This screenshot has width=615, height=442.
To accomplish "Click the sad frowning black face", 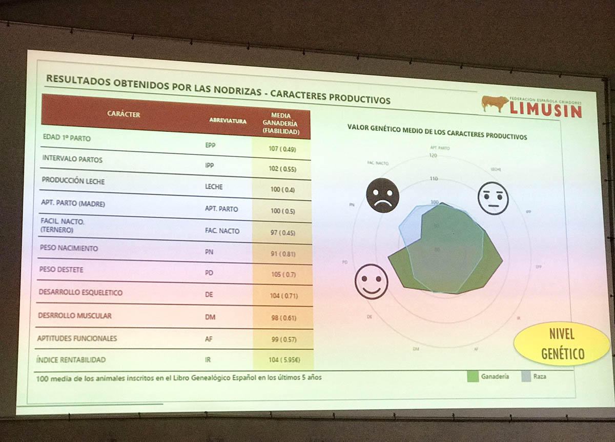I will point(382,195).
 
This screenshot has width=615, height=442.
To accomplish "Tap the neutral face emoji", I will point(493,198).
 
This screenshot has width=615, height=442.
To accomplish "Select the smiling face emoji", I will point(372,282).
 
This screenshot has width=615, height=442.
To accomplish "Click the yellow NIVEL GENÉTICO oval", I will point(562,343).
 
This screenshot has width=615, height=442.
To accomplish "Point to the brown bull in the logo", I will point(494,103).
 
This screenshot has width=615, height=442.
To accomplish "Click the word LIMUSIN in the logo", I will point(546,110).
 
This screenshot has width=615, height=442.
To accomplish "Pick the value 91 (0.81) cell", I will point(283,253).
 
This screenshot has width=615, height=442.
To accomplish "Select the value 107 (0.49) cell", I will point(283,149).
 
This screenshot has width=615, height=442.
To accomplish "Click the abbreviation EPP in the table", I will point(210,145).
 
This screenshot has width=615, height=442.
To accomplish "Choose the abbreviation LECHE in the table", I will point(214,187).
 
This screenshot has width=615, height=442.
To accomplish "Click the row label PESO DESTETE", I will point(61,270).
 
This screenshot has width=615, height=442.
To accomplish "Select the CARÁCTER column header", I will point(123,114).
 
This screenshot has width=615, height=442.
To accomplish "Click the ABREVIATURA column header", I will point(228,121).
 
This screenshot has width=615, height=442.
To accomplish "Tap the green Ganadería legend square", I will point(473,377).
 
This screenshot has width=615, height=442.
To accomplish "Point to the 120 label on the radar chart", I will point(433,155).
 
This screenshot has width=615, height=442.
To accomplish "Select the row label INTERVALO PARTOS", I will point(72,159).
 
